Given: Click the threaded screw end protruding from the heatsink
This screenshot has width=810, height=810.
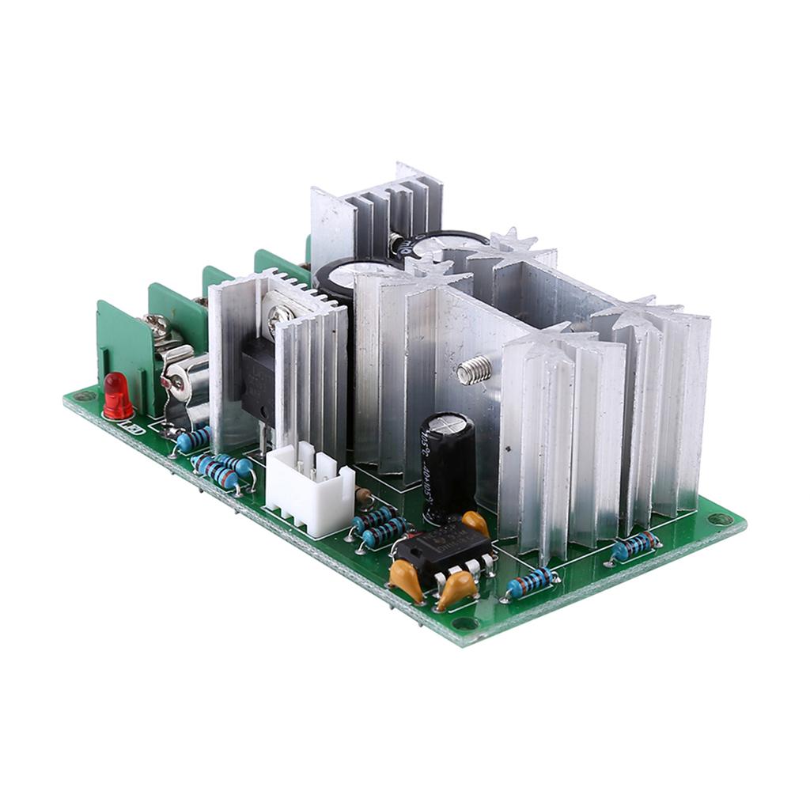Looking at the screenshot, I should click(471, 369).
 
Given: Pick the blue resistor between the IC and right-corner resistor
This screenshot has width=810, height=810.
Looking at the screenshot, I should click(531, 584).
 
